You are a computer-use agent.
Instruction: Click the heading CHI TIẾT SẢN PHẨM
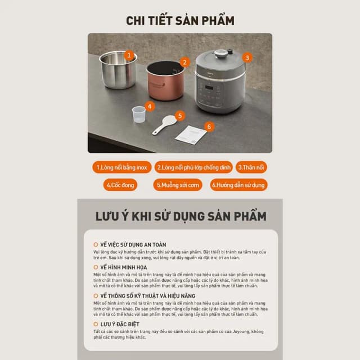(x=180, y=21)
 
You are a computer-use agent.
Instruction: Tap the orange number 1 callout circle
(x=130, y=55)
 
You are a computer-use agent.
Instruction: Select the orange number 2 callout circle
(x=184, y=62)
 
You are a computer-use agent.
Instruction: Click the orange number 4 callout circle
(x=149, y=105)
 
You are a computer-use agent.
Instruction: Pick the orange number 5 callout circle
(x=179, y=116)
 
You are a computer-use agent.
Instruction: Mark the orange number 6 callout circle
(x=209, y=127)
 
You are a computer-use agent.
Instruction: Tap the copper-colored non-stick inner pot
(x=165, y=82)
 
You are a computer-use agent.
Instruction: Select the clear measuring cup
(x=138, y=114)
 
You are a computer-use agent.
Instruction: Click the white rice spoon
(x=164, y=125)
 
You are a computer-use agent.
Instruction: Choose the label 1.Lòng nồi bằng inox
(x=121, y=168)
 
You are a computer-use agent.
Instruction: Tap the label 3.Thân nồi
(x=251, y=168)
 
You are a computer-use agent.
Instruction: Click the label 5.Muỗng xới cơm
(x=178, y=184)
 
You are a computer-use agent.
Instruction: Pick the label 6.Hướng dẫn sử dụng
(x=238, y=184)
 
